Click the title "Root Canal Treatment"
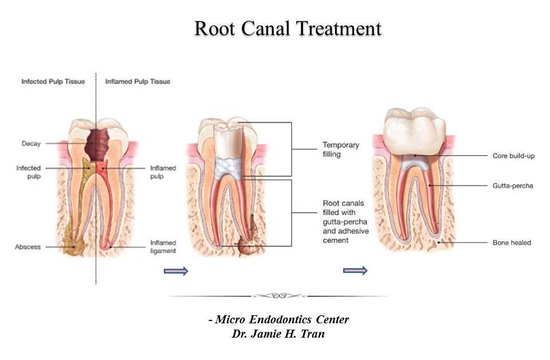(288, 29)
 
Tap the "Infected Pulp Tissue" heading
(53, 81)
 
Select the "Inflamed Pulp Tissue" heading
(137, 81)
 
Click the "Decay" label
(31, 143)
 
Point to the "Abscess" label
(27, 247)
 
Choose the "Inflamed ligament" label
(163, 246)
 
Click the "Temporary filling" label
(340, 149)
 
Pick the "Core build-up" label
(513, 155)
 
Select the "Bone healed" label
(512, 242)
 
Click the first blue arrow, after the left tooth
(176, 271)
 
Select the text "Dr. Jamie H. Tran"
(278, 334)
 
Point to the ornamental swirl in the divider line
(277, 296)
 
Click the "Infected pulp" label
(28, 172)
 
